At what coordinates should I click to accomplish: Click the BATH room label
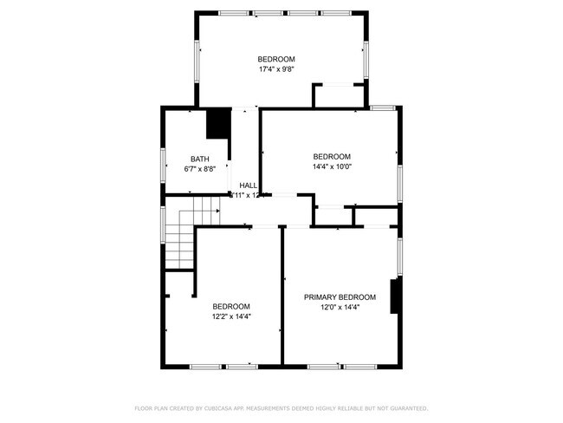(200, 159)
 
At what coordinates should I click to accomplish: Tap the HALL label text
(249, 185)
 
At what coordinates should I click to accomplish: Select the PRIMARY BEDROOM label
(340, 296)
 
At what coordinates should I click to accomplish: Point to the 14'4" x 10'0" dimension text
(332, 166)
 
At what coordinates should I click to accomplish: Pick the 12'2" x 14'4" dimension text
(231, 316)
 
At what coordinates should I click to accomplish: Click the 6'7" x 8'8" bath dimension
(200, 169)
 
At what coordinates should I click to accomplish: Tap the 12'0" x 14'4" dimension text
(340, 307)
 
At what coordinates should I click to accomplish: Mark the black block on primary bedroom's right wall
(395, 296)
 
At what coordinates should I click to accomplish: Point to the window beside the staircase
(162, 224)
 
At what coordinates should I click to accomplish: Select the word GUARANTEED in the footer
(407, 407)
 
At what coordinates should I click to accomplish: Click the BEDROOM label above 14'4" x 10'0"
(332, 156)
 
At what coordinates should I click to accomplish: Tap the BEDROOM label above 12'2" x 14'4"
(231, 306)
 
